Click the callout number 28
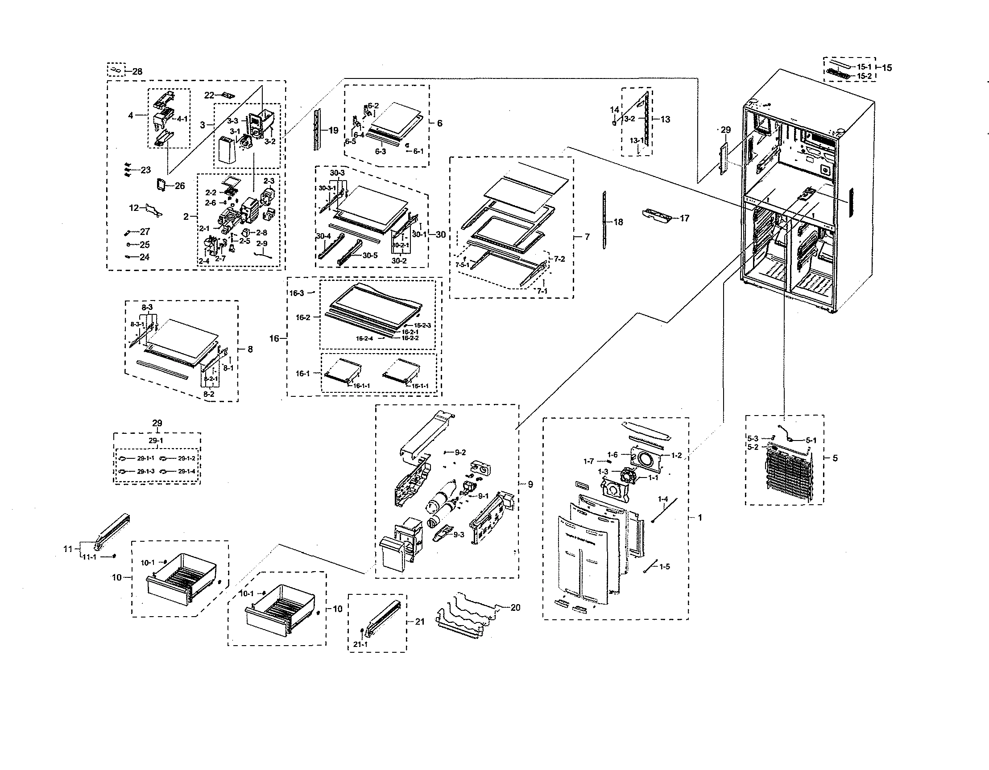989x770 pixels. click(x=137, y=71)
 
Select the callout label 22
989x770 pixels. click(x=209, y=95)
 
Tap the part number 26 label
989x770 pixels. click(x=180, y=185)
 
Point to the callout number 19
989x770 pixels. click(x=333, y=130)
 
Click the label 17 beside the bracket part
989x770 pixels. click(x=684, y=218)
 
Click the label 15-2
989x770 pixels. click(x=864, y=76)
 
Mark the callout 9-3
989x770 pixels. click(x=459, y=535)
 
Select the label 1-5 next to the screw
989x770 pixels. click(x=665, y=567)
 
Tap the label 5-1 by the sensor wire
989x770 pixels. click(x=811, y=440)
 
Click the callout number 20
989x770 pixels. click(x=515, y=608)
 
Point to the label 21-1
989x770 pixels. click(x=360, y=644)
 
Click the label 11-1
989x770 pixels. click(x=89, y=557)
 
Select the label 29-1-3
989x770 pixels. click(x=146, y=471)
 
